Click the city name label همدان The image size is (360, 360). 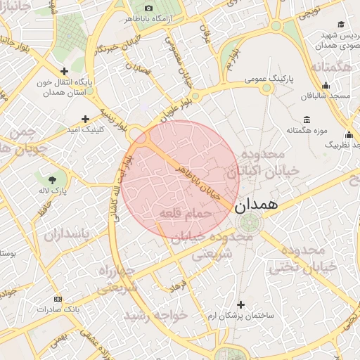coord(254,205)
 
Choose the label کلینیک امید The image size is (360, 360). coord(86,130)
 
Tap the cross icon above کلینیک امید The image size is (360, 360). coord(86,119)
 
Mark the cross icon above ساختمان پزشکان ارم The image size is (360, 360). coord(241,304)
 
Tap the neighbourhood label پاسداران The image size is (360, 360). coord(68,234)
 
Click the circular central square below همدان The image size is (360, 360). coord(247,224)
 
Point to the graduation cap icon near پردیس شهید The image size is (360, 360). coord(342,25)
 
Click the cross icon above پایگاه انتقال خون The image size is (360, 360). coord(64,71)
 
